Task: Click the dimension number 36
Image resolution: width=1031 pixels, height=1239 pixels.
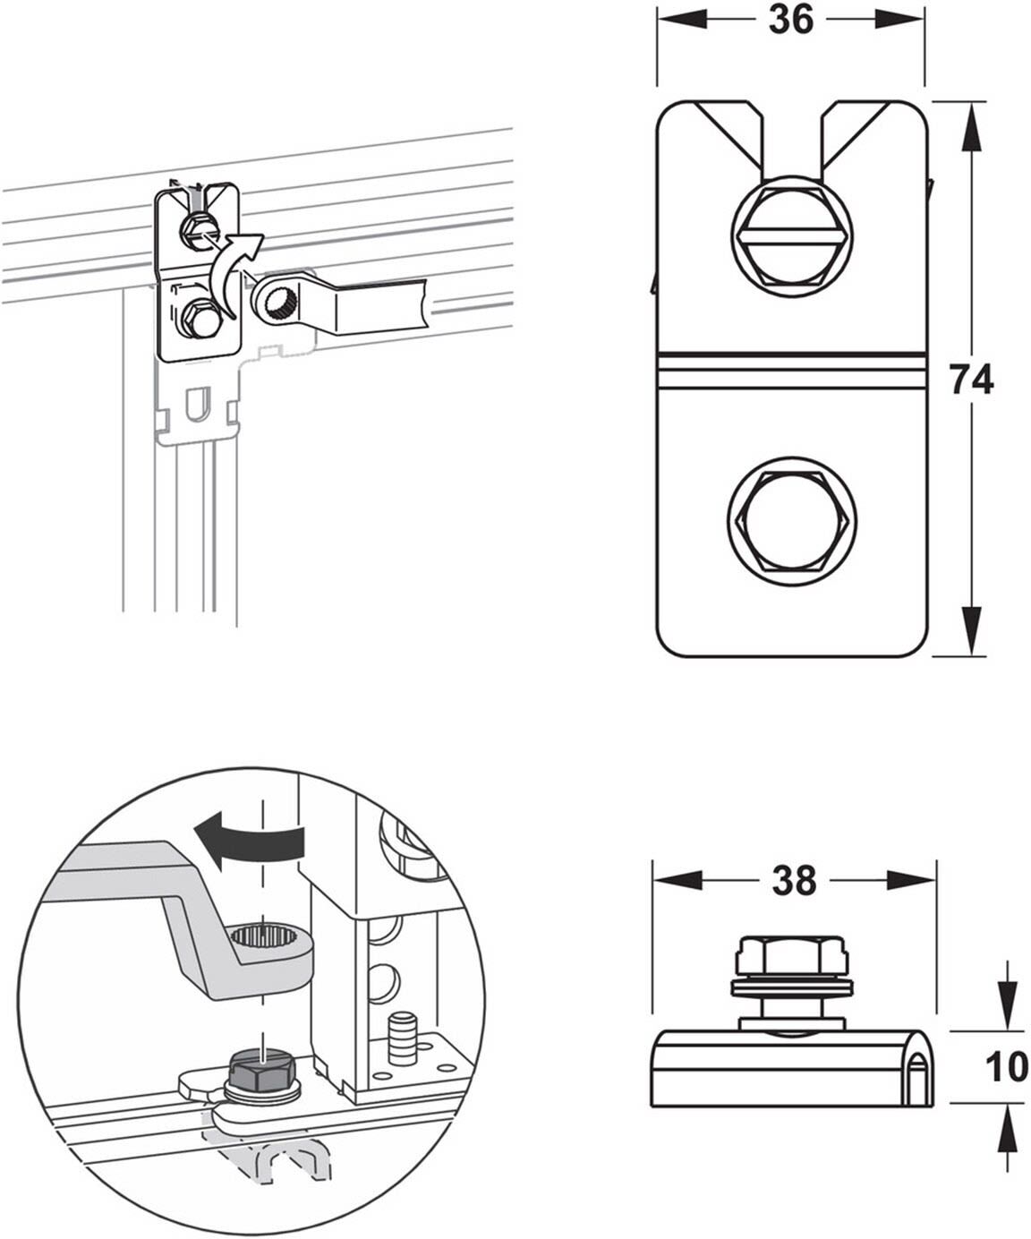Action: click(790, 21)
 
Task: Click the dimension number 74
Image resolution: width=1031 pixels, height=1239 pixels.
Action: click(972, 380)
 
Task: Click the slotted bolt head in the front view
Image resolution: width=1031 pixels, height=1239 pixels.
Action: click(791, 236)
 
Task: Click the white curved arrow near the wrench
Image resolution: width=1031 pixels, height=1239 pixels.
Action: click(233, 273)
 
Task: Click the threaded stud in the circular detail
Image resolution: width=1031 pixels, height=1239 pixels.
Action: click(403, 1038)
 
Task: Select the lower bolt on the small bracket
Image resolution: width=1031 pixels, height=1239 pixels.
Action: click(200, 319)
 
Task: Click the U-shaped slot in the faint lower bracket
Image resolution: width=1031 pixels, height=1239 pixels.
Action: click(197, 404)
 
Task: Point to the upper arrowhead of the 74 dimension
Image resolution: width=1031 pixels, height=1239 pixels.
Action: click(971, 124)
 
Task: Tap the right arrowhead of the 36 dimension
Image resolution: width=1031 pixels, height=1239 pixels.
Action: click(899, 21)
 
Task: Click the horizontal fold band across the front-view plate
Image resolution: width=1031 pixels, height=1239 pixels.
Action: click(791, 372)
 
